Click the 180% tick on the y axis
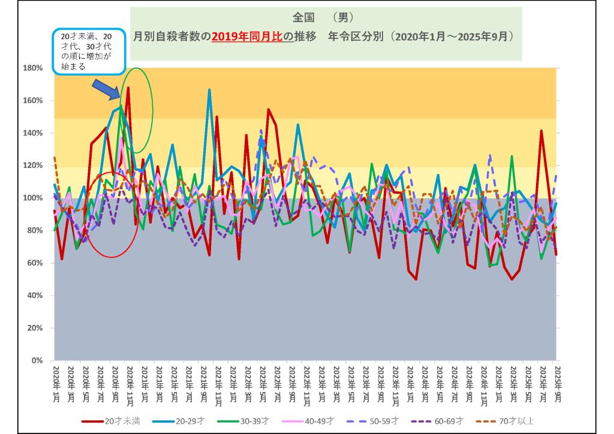click(x=32, y=68)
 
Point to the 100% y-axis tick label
click(x=32, y=198)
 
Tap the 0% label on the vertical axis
click(x=36, y=361)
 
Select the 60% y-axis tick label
click(x=34, y=263)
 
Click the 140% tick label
click(x=32, y=133)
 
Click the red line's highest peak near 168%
click(x=128, y=88)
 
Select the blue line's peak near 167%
click(x=209, y=90)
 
